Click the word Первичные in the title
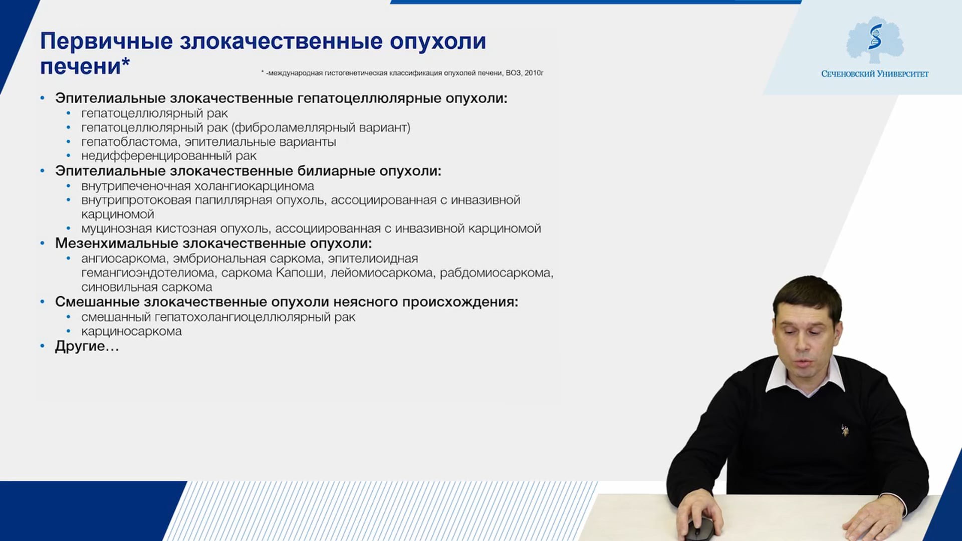click(x=106, y=41)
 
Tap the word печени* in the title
click(x=85, y=66)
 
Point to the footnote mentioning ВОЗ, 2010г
click(x=402, y=73)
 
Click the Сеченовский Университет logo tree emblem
click(x=875, y=40)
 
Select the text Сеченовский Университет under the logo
click(x=875, y=74)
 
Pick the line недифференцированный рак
click(x=169, y=156)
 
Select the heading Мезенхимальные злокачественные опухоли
click(x=213, y=244)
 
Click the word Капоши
click(x=300, y=273)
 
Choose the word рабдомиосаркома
click(x=497, y=274)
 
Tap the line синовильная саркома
click(x=147, y=288)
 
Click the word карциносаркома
click(x=131, y=332)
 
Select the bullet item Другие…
click(x=87, y=346)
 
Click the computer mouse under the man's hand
click(x=699, y=529)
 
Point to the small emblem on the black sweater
click(x=845, y=430)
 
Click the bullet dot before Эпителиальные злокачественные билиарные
click(x=43, y=171)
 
